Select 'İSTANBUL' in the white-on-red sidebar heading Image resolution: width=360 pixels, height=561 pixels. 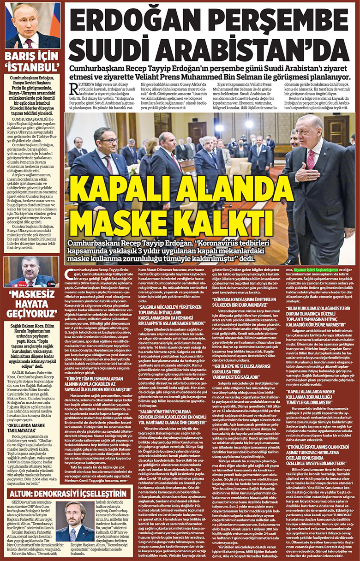pyautogui.click(x=32, y=67)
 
